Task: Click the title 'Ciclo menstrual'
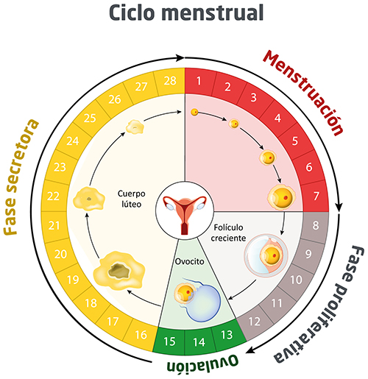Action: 183,14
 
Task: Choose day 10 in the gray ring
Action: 297,280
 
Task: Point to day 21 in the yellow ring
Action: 52,224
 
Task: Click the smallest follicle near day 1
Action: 194,113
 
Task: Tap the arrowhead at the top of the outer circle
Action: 180,56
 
